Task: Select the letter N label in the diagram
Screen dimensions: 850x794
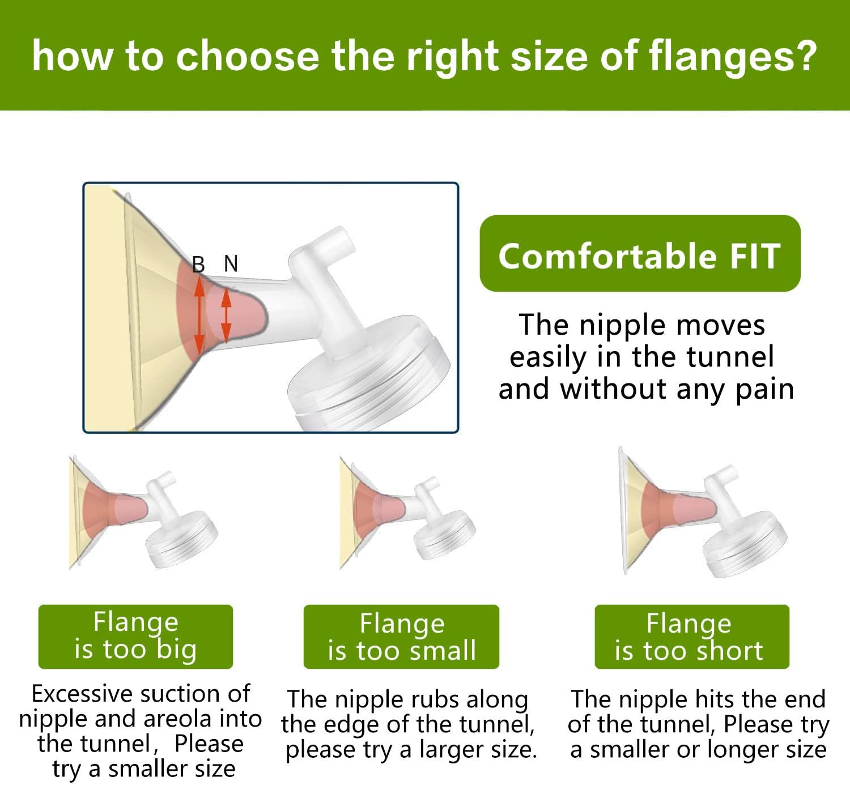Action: (231, 263)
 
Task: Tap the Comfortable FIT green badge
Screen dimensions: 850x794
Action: (640, 253)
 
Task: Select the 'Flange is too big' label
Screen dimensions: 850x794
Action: (135, 637)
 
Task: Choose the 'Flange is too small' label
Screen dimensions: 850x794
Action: (401, 637)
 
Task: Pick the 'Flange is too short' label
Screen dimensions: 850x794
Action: (692, 637)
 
